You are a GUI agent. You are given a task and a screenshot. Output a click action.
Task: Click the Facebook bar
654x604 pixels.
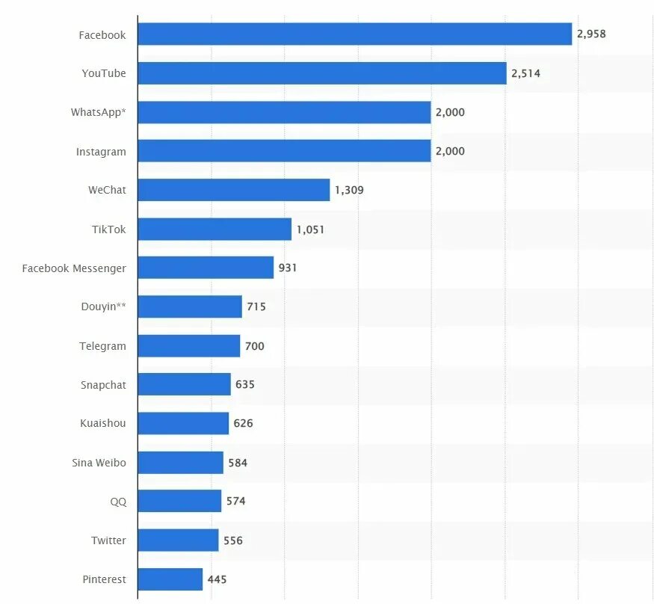click(x=355, y=34)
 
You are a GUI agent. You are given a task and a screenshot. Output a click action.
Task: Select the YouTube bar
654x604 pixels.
click(x=322, y=73)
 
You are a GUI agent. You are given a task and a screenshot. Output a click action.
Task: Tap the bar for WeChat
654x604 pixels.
click(x=234, y=190)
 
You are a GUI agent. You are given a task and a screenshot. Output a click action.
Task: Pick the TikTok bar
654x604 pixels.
click(x=215, y=229)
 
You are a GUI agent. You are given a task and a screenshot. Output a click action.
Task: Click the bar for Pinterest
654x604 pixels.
click(x=170, y=579)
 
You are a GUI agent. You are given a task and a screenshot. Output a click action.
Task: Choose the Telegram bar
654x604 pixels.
click(x=189, y=346)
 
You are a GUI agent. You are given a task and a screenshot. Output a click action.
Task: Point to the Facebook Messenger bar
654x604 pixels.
click(x=206, y=268)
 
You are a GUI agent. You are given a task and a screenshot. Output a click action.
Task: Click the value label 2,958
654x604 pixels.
click(x=591, y=34)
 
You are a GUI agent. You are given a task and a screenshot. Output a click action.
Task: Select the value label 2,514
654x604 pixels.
click(x=525, y=73)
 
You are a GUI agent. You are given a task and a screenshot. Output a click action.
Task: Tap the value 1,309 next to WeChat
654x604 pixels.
click(x=349, y=190)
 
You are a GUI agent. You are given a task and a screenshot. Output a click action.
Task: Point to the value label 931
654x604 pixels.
click(x=288, y=268)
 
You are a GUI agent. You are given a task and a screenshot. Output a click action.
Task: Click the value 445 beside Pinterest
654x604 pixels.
click(x=218, y=579)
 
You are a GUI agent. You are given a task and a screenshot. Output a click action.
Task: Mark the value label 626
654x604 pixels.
click(x=243, y=423)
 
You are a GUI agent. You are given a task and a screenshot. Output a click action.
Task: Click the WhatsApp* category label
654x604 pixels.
click(x=99, y=112)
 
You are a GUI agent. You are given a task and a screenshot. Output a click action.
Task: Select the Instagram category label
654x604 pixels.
click(x=101, y=152)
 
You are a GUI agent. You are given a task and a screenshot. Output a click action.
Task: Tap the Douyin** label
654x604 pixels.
click(x=103, y=306)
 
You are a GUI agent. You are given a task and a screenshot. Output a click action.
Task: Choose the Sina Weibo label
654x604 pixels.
click(x=99, y=463)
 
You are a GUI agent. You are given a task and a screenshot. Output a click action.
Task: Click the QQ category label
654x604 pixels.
click(x=118, y=502)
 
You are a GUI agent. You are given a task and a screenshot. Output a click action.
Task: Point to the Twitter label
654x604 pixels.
click(x=108, y=540)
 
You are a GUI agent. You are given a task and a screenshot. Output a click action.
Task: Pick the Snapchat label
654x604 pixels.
click(x=103, y=385)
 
